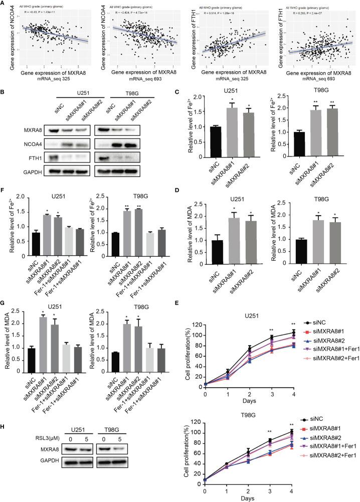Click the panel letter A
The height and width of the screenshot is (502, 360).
4,4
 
